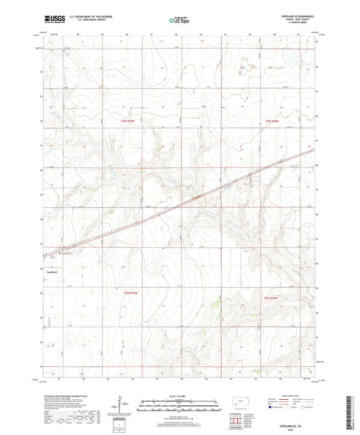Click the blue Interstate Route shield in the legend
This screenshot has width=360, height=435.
tap(272, 408)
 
